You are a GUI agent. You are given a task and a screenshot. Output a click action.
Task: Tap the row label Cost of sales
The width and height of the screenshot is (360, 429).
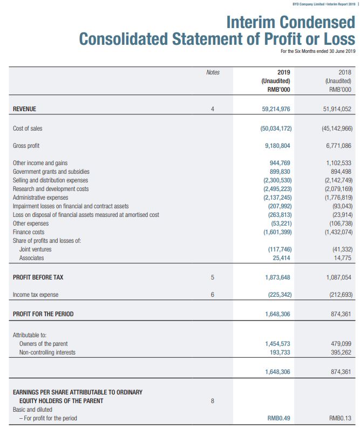28,128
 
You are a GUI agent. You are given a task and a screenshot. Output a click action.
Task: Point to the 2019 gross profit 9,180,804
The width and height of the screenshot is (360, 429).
279,146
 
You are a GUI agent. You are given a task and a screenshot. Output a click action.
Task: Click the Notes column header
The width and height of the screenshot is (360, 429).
213,72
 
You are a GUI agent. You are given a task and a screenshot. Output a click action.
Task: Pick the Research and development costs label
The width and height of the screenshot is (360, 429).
51,189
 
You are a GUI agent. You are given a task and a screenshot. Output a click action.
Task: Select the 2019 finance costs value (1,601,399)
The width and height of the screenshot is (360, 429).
277,232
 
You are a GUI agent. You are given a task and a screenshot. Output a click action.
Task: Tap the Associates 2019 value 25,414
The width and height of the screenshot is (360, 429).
283,258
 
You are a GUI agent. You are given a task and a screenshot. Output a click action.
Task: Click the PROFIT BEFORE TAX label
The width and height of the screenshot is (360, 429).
38,277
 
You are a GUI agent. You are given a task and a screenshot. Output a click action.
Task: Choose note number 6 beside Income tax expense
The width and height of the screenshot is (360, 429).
213,295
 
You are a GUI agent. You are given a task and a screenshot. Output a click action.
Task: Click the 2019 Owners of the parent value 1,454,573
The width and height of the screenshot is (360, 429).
279,344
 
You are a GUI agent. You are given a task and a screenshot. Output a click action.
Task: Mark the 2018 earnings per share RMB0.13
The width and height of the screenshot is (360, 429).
341,418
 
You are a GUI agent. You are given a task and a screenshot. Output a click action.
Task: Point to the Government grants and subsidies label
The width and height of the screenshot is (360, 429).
51,172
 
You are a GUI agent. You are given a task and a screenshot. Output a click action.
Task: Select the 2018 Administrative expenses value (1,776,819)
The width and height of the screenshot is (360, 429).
339,198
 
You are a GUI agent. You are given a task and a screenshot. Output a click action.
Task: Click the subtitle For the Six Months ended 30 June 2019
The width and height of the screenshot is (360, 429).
318,51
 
